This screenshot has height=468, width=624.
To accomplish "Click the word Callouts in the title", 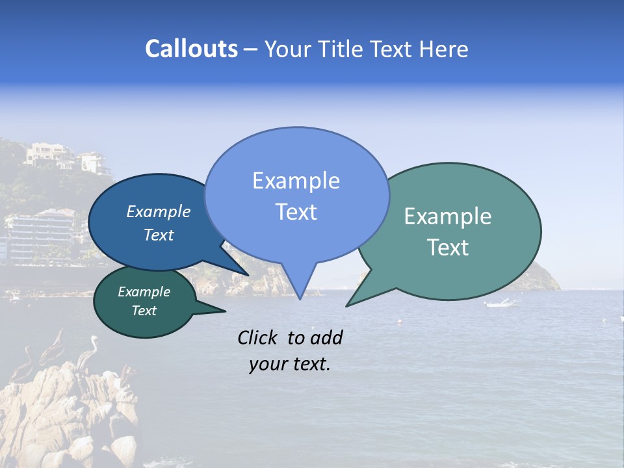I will [x=191, y=49].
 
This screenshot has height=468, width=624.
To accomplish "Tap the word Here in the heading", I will [x=443, y=49].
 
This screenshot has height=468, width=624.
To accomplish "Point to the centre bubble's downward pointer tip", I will [x=300, y=298].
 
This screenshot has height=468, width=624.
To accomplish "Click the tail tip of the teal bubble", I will [x=347, y=305].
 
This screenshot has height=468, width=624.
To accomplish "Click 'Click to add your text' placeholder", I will [x=290, y=350].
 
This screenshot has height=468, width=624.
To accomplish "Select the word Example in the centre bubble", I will [x=296, y=181].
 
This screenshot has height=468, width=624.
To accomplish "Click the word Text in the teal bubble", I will [x=448, y=248].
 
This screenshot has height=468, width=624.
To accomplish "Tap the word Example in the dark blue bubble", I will [x=158, y=212].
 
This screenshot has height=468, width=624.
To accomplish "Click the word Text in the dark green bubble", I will [x=144, y=311].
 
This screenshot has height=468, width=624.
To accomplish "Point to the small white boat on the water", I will [x=501, y=303].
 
